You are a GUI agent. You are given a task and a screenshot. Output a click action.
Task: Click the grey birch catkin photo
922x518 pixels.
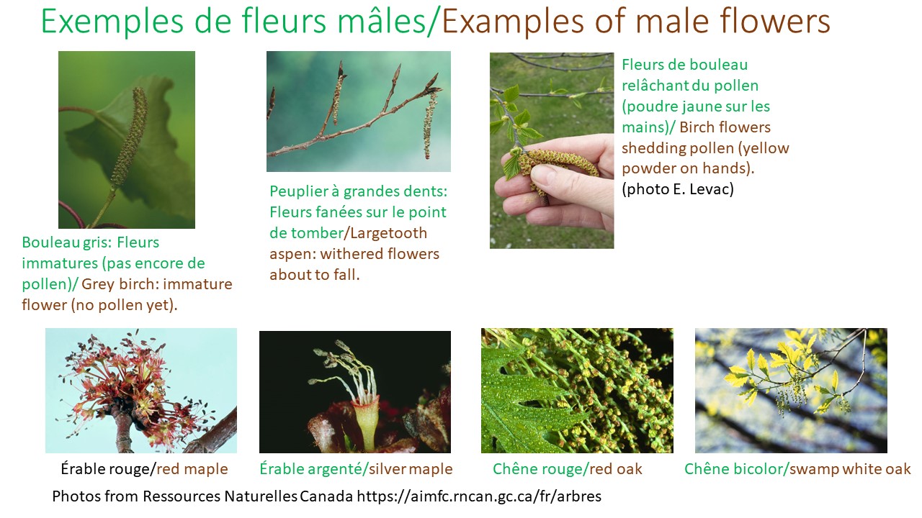click(x=126, y=140)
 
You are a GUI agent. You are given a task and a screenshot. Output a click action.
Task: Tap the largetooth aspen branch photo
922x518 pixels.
click(x=358, y=112)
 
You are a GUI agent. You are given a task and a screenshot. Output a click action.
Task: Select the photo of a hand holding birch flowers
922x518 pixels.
click(x=552, y=150)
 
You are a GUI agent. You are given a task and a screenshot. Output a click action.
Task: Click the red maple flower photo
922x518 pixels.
click(x=140, y=391)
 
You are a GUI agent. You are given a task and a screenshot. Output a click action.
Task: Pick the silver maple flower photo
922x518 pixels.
click(x=354, y=391)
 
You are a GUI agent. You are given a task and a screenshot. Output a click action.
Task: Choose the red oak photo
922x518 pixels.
click(x=577, y=391)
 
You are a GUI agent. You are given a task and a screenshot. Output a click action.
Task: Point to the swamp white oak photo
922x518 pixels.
click(x=790, y=391)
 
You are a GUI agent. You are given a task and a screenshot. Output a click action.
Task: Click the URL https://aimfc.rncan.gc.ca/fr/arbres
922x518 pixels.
click(x=479, y=496)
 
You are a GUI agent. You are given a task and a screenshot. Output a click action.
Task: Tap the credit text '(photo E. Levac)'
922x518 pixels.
click(x=677, y=190)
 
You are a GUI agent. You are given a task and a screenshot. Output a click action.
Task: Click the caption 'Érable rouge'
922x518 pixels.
click(x=107, y=470)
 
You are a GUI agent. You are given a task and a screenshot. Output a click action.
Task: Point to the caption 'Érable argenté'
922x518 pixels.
click(x=311, y=470)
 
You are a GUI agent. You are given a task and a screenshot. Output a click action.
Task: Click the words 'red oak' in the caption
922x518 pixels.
click(x=616, y=470)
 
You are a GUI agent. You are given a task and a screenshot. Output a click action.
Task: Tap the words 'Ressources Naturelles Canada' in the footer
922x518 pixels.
click(x=240, y=496)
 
